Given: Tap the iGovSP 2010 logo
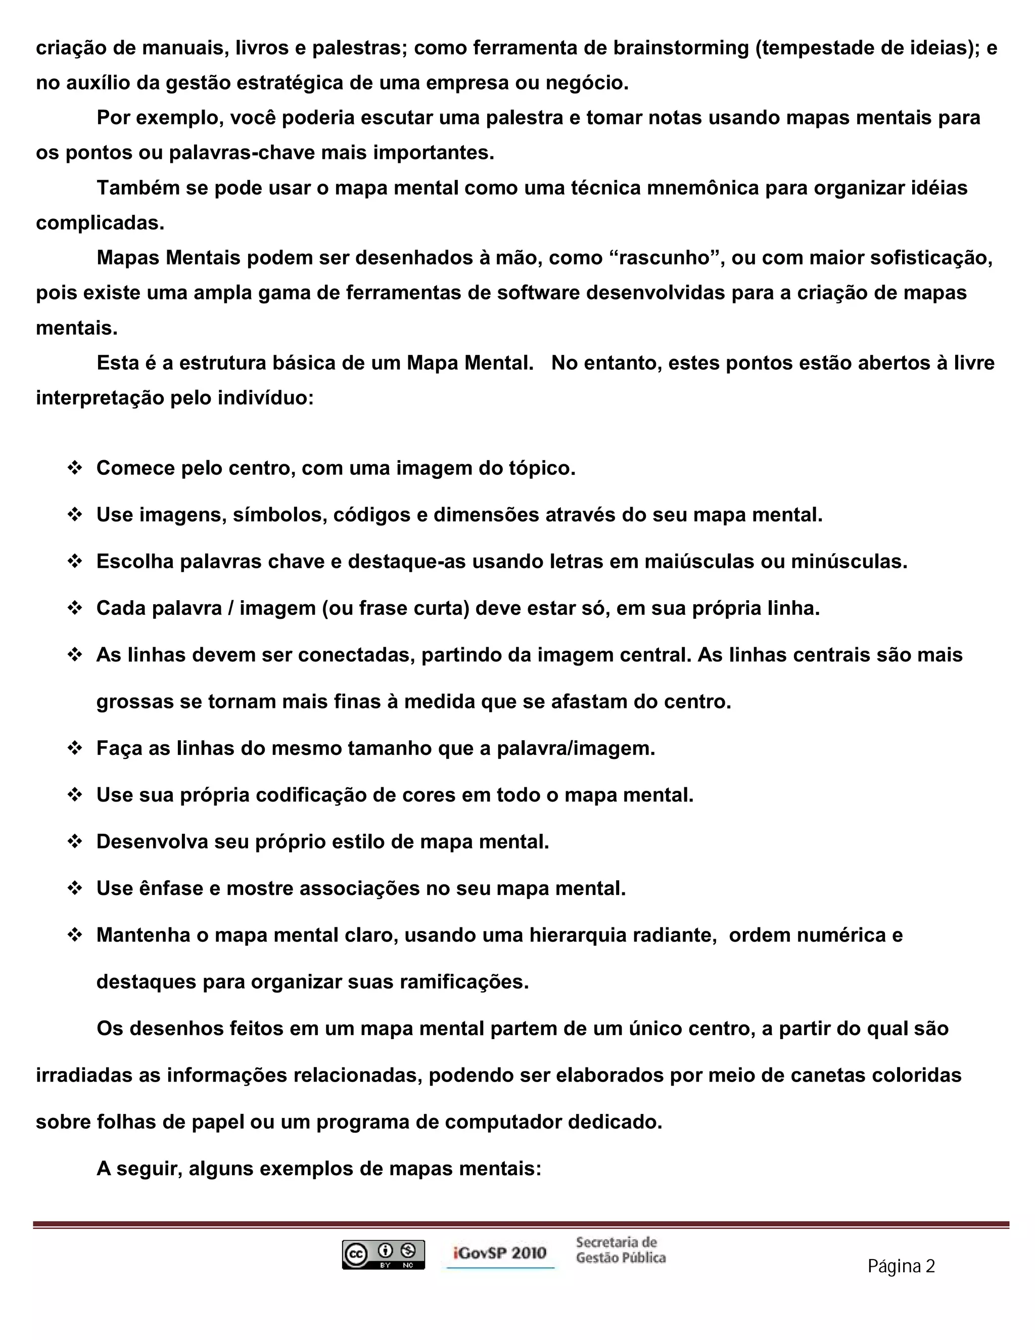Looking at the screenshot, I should pyautogui.click(x=500, y=1253).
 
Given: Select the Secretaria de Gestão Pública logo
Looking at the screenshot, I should pyautogui.click(x=621, y=1250).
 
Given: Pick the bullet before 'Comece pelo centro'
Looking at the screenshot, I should pyautogui.click(x=75, y=468).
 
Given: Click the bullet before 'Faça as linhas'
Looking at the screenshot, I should pyautogui.click(x=75, y=748).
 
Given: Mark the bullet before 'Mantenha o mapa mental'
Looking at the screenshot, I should pyautogui.click(x=75, y=934).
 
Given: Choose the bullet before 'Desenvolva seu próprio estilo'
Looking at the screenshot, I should pyautogui.click(x=75, y=841).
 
